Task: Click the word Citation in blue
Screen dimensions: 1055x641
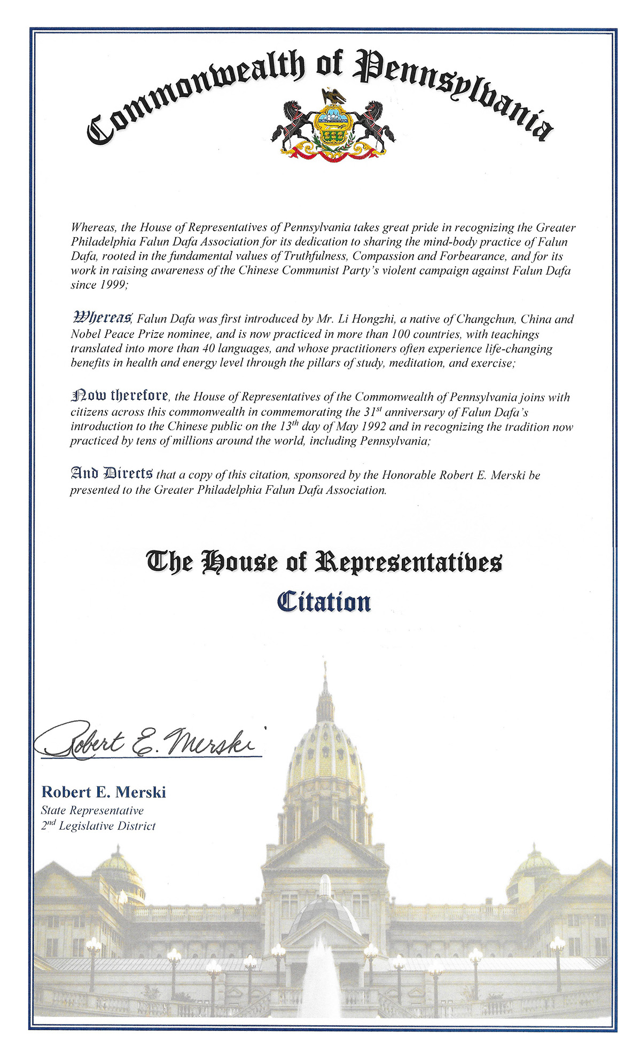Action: coord(324,602)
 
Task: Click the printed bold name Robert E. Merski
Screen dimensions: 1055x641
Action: coord(104,792)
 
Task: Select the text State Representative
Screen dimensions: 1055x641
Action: coord(92,810)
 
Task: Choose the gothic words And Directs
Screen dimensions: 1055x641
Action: coord(112,474)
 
